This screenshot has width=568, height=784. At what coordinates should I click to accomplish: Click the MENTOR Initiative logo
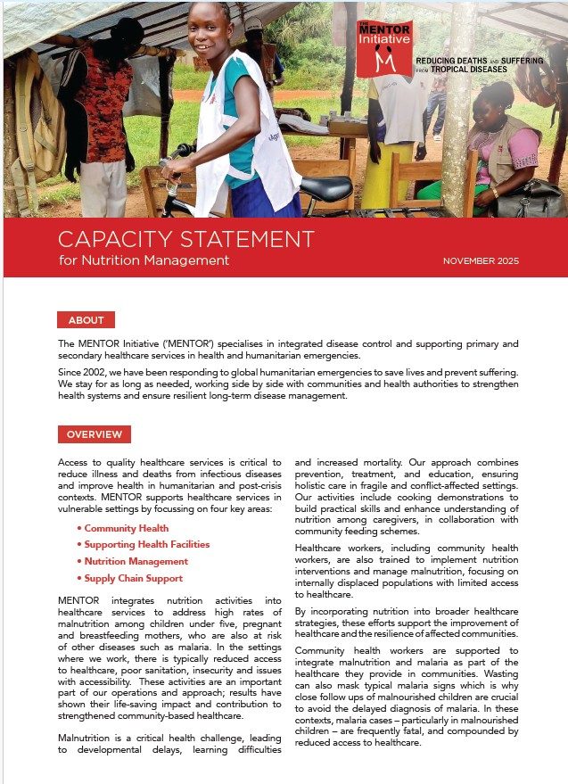(384, 48)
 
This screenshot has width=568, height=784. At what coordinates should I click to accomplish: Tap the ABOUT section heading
(86, 320)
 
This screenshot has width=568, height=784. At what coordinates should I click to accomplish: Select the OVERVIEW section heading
(94, 434)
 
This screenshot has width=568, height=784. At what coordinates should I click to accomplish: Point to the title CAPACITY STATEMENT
(185, 239)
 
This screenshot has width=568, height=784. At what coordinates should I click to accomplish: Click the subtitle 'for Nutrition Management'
(144, 260)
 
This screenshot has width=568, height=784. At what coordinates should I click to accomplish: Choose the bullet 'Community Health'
(126, 529)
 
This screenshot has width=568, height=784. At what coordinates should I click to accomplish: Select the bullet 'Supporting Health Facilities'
(146, 545)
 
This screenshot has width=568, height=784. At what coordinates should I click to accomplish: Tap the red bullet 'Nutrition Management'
(136, 562)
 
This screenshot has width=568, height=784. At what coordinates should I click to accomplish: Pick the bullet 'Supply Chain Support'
(134, 578)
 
